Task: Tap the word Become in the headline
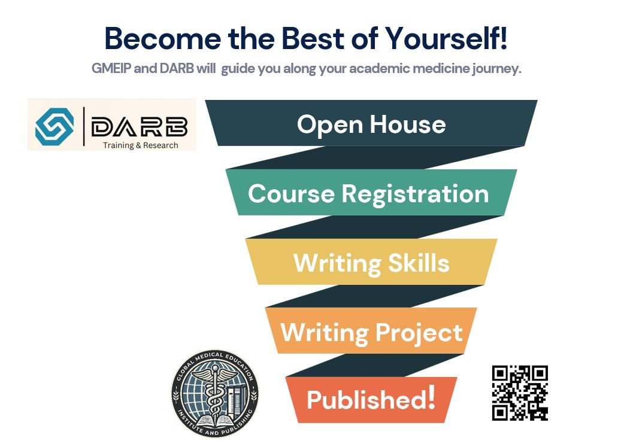[x=163, y=39]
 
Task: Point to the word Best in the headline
[x=313, y=39]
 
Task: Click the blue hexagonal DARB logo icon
[x=54, y=126]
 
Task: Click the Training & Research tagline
[x=141, y=145]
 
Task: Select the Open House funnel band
[x=371, y=123]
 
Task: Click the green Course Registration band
[x=371, y=192]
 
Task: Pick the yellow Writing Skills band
[x=371, y=261]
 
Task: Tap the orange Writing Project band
[x=371, y=331]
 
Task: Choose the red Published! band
[x=371, y=400]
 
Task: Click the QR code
[x=520, y=393]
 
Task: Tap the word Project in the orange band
[x=419, y=333]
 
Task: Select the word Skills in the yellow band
[x=419, y=263]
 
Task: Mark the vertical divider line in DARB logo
[x=84, y=126]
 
